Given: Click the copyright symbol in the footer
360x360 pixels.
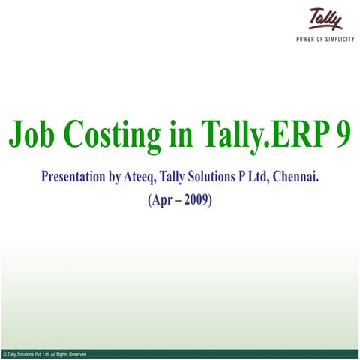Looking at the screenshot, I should click(x=4, y=353).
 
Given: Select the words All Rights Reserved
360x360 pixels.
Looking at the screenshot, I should click(x=68, y=353).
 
